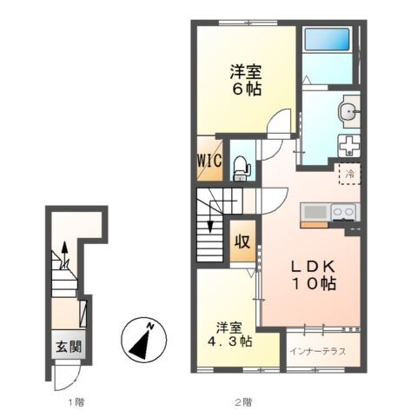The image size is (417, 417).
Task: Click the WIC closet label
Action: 208,160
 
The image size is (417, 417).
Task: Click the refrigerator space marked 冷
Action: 350,173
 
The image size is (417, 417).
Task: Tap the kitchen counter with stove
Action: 328,213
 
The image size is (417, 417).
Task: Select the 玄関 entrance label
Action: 65,345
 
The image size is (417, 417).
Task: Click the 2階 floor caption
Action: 243,402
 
